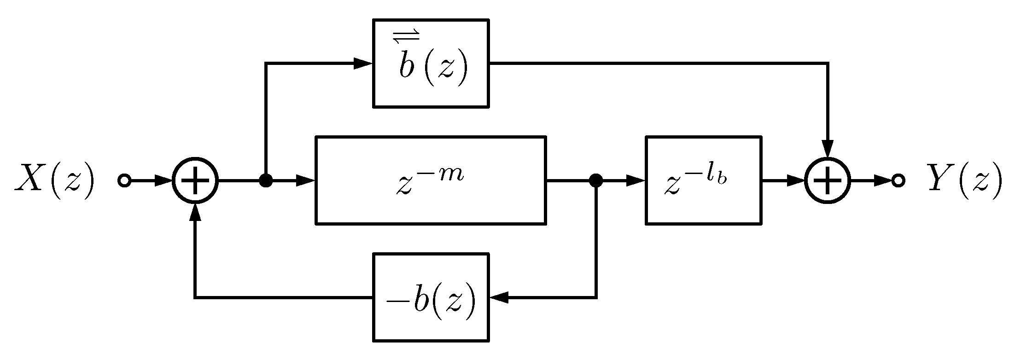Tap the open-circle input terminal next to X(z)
point(124,181)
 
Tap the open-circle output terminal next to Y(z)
point(898,181)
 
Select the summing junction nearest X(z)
point(195,181)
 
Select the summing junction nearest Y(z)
point(828,181)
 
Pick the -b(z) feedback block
point(430,297)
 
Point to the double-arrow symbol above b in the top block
point(406,36)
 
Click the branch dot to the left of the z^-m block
point(266,181)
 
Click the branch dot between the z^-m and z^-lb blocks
point(596,181)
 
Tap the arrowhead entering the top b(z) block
point(363,64)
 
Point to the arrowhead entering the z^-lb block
point(636,181)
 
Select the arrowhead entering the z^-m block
point(305,181)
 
